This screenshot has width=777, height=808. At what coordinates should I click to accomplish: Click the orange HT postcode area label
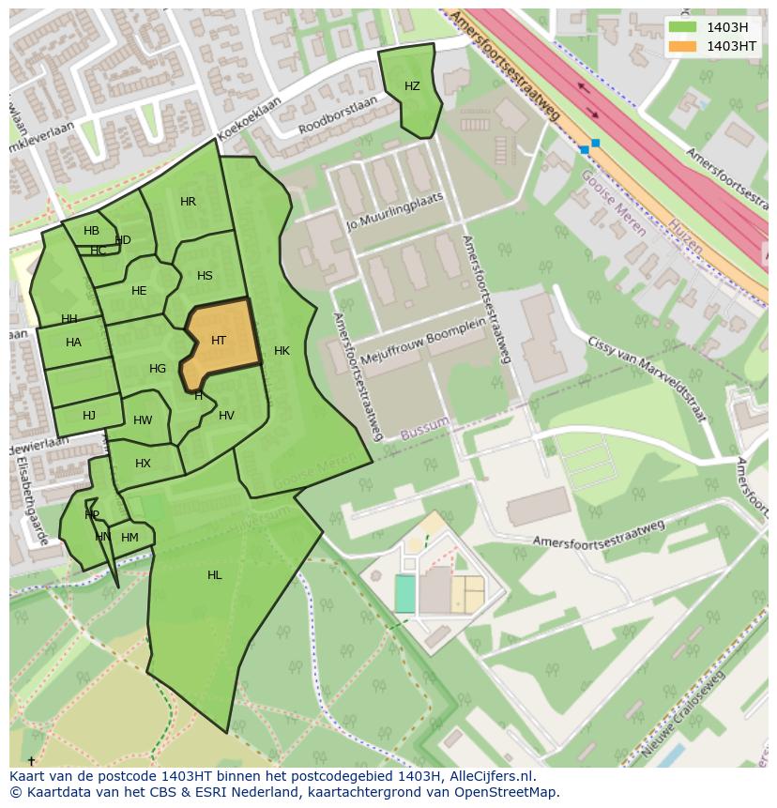[x=219, y=341]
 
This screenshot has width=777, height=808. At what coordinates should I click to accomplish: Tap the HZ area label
[x=412, y=86]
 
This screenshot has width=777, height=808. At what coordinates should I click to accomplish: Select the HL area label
[x=215, y=575]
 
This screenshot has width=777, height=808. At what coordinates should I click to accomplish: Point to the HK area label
[x=282, y=351]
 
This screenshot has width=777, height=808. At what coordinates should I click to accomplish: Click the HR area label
[x=188, y=202]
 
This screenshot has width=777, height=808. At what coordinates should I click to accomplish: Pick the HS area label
[x=205, y=276]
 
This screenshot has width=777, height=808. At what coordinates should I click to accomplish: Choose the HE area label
[x=139, y=291]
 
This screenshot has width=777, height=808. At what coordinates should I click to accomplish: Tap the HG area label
[x=158, y=369]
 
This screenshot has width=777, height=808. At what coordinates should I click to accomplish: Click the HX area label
[x=143, y=464]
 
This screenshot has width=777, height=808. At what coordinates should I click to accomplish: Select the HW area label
[x=143, y=420]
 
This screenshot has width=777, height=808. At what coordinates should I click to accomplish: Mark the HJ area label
[x=89, y=416]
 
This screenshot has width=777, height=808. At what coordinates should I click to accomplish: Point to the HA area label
[x=73, y=343]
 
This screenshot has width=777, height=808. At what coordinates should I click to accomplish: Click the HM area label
[x=129, y=538]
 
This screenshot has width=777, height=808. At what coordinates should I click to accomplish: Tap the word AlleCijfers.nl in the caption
[x=491, y=776]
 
